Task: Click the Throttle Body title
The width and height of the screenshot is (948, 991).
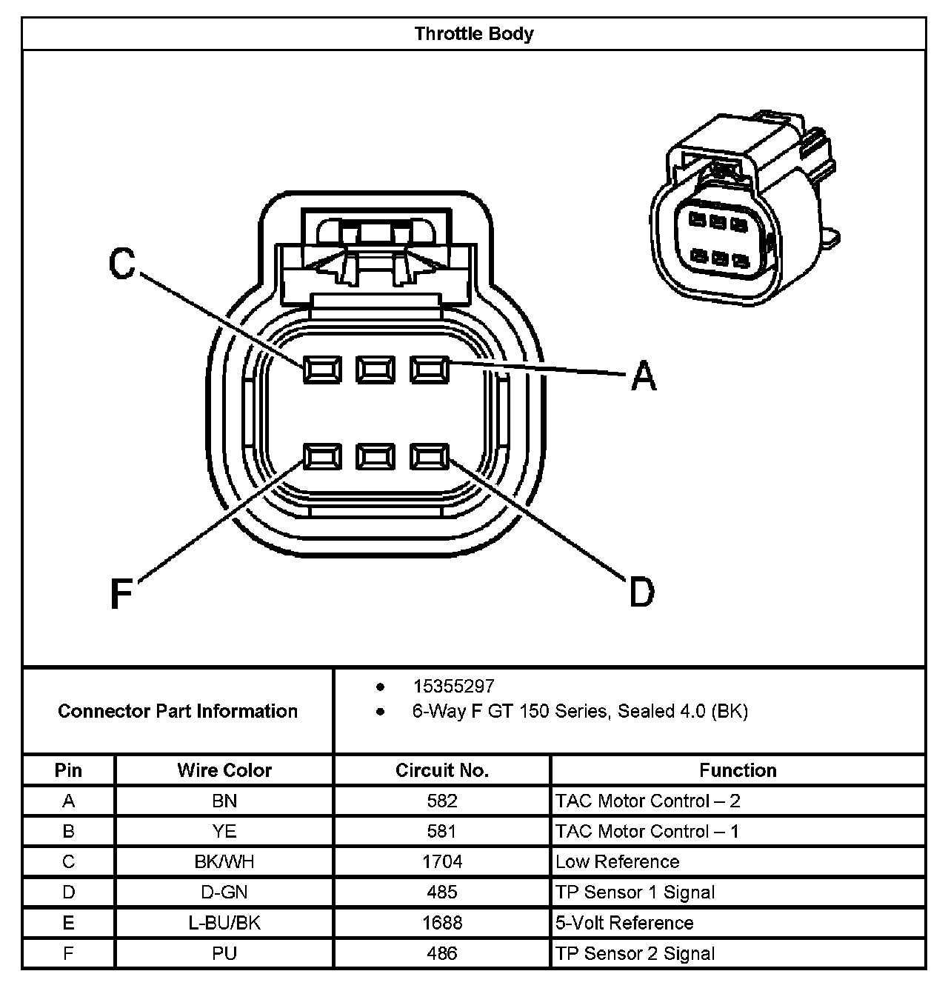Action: tap(474, 34)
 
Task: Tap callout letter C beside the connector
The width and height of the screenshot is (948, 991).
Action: tap(122, 264)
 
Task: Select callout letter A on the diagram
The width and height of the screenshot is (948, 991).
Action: tap(644, 376)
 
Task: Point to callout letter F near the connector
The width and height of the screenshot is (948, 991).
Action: tap(121, 593)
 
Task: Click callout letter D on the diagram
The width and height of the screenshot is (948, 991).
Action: tap(642, 593)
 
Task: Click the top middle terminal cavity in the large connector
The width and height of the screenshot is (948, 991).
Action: tap(375, 369)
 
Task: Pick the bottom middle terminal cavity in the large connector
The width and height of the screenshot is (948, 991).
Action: tap(375, 457)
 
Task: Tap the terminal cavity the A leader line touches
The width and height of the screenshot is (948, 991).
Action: tap(430, 369)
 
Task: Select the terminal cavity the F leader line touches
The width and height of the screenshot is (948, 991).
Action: tap(322, 457)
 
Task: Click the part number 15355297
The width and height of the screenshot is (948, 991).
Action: tap(453, 687)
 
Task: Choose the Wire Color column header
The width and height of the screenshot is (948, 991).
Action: tap(224, 770)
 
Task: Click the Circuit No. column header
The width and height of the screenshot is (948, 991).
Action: tap(442, 770)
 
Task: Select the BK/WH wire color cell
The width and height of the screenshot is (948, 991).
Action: tap(224, 861)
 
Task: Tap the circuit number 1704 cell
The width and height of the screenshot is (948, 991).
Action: tap(442, 861)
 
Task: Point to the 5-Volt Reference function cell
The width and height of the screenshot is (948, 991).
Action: tap(624, 923)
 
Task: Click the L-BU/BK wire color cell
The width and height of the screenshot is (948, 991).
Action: tap(224, 923)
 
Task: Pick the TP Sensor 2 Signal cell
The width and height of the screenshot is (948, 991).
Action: tap(635, 953)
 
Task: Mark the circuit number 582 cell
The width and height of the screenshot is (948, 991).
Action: tap(442, 801)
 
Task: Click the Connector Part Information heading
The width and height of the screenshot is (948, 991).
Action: tap(178, 711)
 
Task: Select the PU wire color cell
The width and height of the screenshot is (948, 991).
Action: tap(224, 953)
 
